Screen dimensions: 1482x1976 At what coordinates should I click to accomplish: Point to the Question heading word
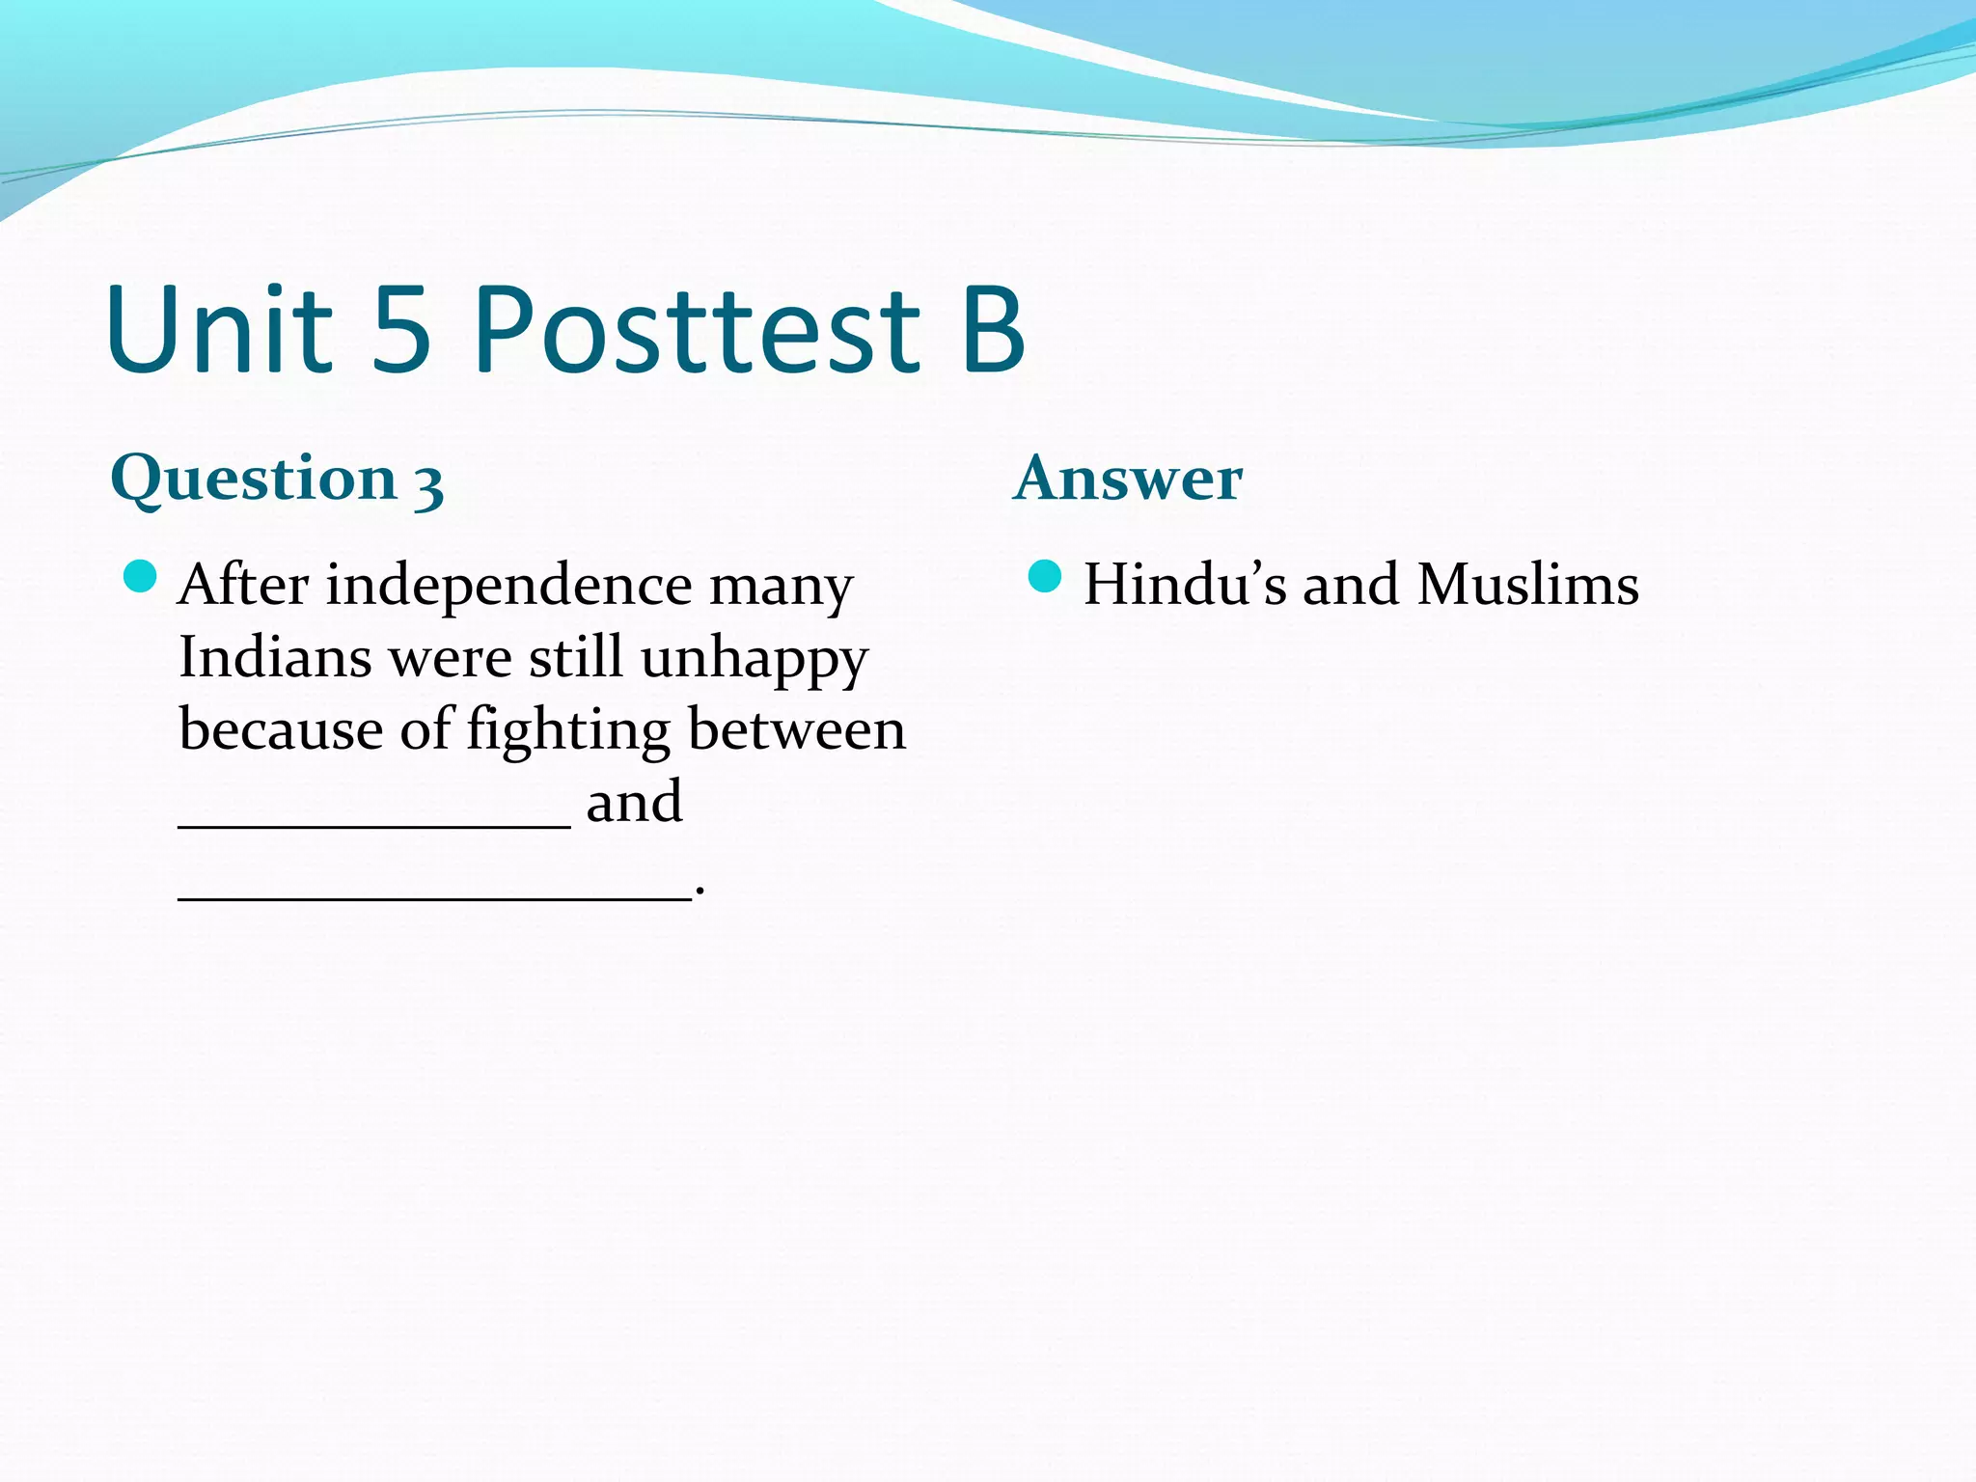point(254,480)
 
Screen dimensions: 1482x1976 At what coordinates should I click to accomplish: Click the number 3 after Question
point(428,484)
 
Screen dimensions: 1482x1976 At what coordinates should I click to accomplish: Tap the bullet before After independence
point(141,577)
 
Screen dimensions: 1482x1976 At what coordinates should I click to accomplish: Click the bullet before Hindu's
point(1045,577)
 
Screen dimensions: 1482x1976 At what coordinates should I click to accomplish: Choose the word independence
point(508,586)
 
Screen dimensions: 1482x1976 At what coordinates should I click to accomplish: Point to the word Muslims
point(1527,586)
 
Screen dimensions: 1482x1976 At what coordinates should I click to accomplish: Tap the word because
point(281,730)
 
